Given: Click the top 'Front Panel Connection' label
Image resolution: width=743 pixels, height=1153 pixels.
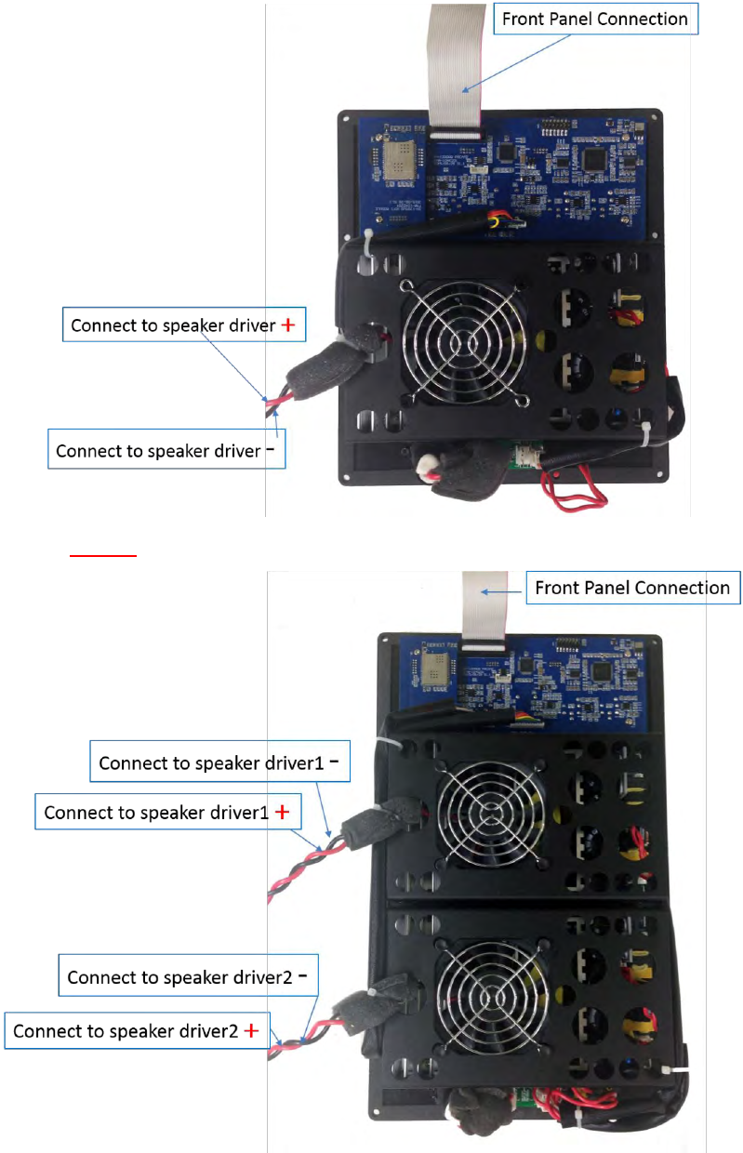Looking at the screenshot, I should (595, 20).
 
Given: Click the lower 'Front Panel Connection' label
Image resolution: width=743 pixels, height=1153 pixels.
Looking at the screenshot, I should (632, 588).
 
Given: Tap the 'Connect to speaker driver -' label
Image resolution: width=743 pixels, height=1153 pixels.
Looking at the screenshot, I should (166, 451).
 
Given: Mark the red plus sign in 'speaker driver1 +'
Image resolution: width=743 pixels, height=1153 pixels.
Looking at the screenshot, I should (283, 812).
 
